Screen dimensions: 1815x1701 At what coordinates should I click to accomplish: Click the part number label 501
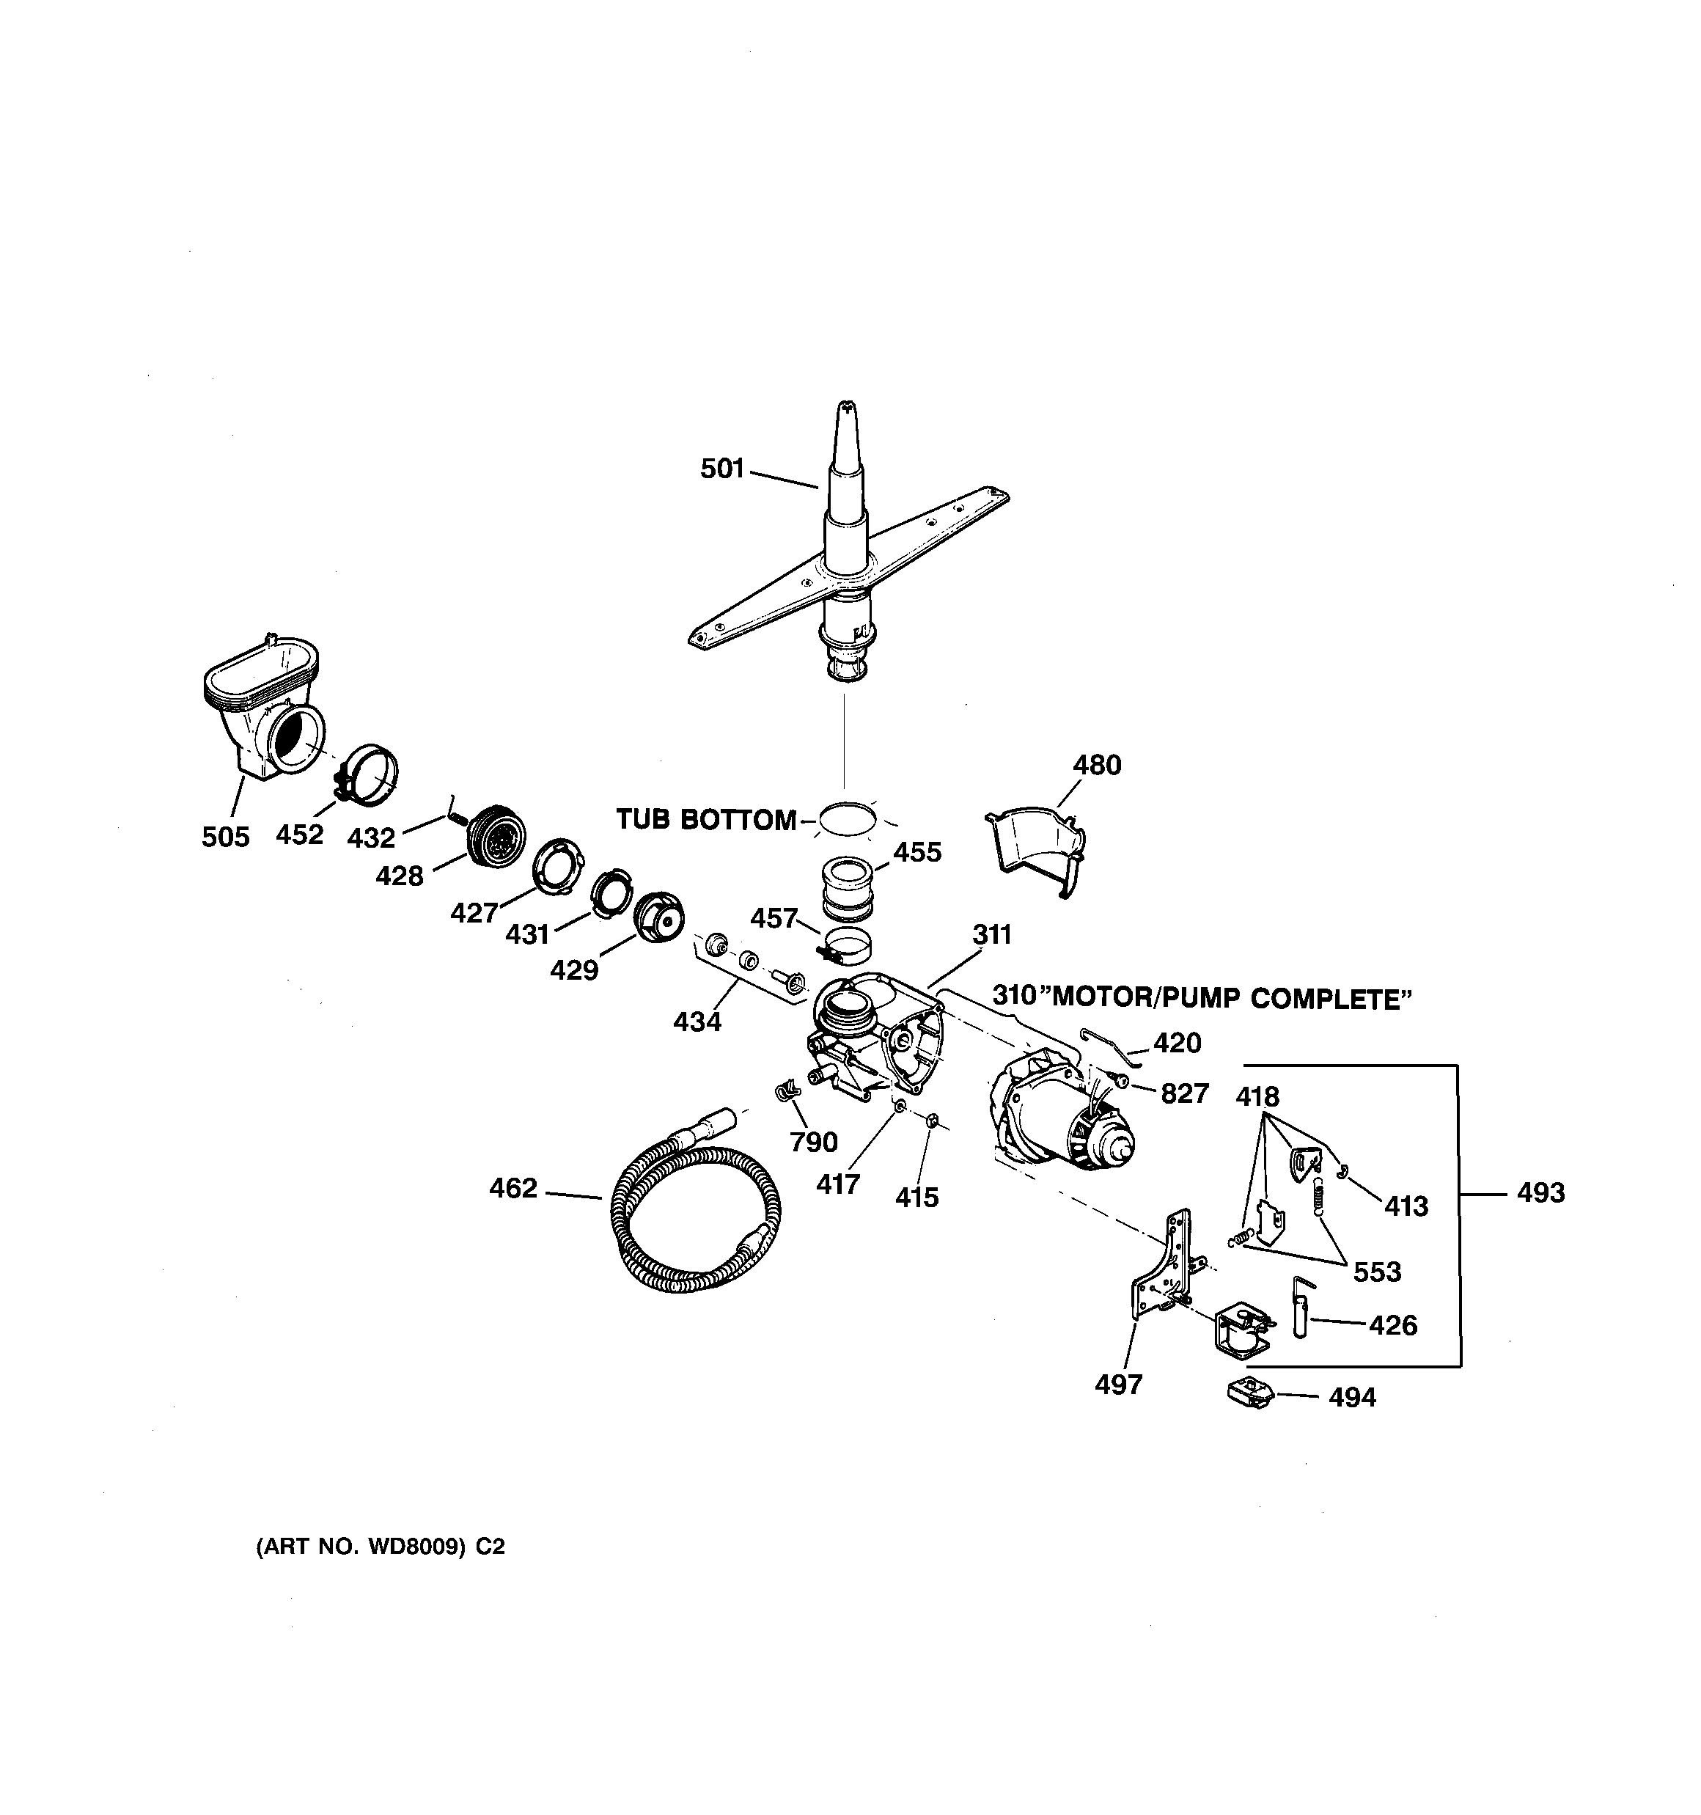[x=721, y=469]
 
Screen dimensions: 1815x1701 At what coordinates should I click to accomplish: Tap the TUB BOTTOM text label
[x=706, y=820]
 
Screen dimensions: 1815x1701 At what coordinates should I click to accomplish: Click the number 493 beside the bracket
[x=1540, y=1192]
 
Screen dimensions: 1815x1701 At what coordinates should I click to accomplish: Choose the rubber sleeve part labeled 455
[x=848, y=887]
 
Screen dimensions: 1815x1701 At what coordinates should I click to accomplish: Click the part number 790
[x=814, y=1141]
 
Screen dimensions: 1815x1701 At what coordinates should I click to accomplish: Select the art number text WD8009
[x=416, y=1547]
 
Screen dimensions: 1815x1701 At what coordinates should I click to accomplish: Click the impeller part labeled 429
[x=658, y=925]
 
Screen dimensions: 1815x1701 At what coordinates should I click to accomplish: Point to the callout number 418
[x=1257, y=1096]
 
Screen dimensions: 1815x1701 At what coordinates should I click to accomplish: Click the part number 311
[x=991, y=934]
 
